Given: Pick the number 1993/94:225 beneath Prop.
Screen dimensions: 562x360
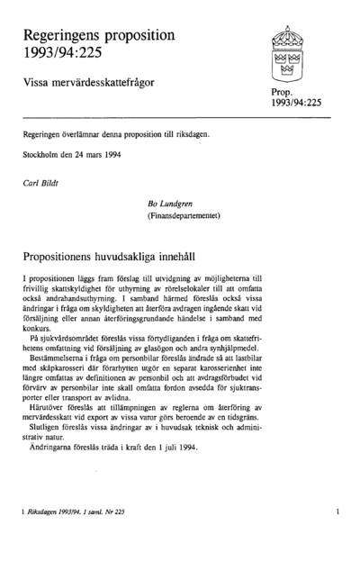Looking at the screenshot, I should pyautogui.click(x=295, y=104).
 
